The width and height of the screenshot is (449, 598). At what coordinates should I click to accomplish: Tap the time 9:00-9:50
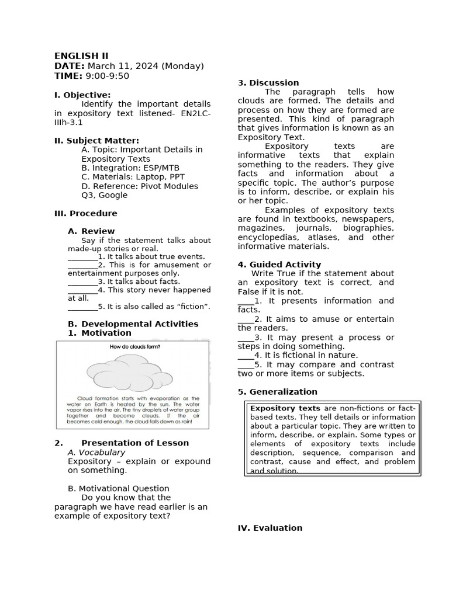coord(108,76)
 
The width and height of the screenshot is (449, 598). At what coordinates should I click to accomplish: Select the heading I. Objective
coord(82,95)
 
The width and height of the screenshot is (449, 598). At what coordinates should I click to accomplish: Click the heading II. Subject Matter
coord(96,140)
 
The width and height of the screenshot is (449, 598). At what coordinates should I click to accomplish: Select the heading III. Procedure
coord(86,213)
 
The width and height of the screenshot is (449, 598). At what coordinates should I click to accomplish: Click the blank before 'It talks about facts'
coord(82,281)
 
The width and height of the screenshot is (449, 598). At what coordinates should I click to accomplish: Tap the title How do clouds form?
coord(135,347)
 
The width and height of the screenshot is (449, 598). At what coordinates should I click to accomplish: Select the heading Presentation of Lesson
coord(135,443)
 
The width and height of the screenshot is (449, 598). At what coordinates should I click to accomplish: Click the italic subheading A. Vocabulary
coord(96,452)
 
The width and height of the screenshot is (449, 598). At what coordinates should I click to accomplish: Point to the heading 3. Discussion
coord(268,83)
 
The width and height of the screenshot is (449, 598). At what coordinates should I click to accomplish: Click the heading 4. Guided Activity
coord(279,265)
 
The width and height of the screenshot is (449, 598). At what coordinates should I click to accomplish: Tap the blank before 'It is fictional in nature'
coord(246,355)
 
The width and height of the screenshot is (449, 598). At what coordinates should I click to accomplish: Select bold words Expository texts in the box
coord(285,408)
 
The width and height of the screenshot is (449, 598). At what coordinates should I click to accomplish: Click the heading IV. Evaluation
coord(270,528)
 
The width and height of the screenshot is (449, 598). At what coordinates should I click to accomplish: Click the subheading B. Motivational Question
coord(119,488)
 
